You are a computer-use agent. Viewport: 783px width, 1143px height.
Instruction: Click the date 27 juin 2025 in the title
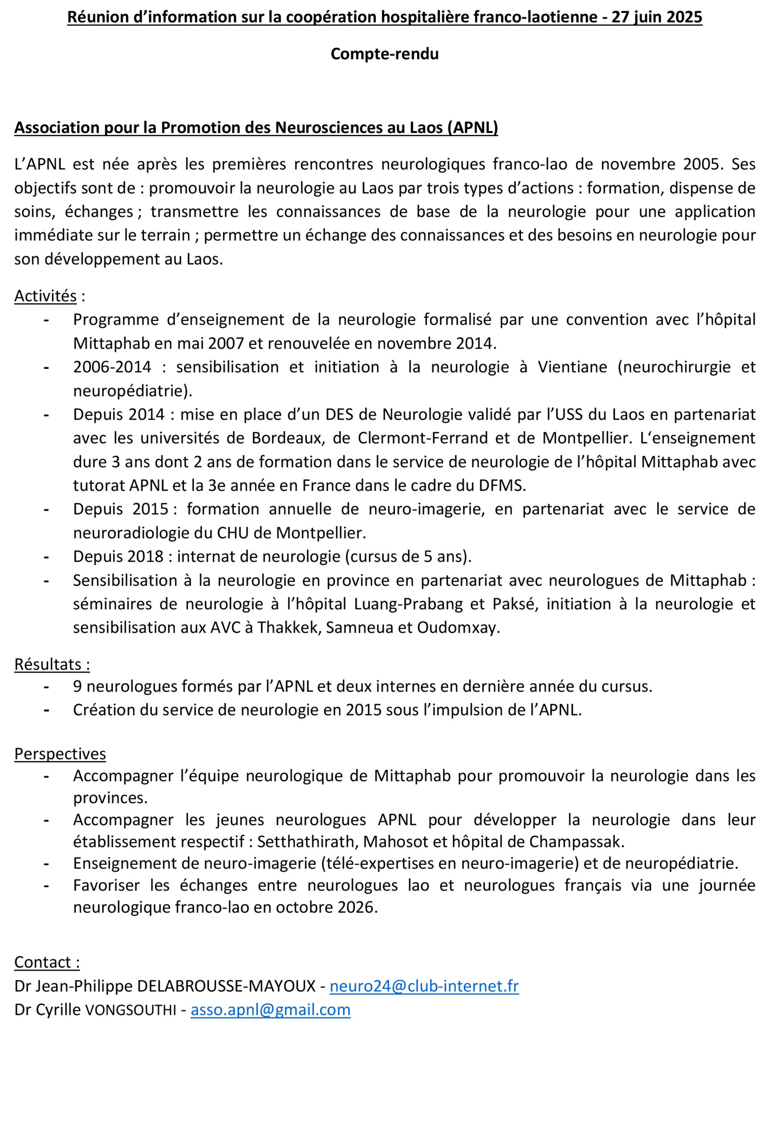tap(657, 17)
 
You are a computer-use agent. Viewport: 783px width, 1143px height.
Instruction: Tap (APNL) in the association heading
tap(473, 127)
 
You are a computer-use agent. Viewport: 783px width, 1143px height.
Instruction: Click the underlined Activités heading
tap(45, 296)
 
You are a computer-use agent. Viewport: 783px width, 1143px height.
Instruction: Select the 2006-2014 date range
tap(112, 367)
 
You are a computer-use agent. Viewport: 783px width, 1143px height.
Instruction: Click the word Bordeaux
tap(288, 438)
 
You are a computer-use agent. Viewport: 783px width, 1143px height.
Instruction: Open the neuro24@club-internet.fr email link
tap(424, 986)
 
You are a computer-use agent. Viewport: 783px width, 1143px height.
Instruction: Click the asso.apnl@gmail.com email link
tap(271, 1010)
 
